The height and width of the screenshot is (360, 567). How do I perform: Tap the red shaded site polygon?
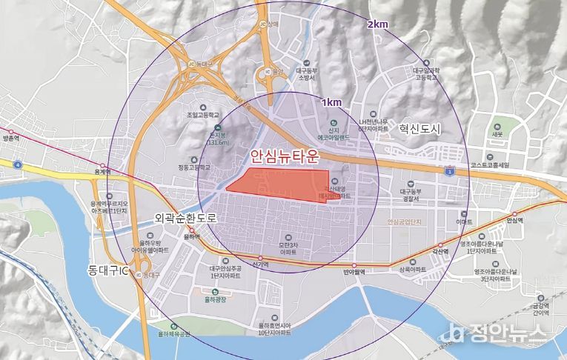click(278, 183)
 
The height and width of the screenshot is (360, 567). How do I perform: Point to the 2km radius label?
click(377, 24)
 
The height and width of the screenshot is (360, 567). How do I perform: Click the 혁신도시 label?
click(419, 129)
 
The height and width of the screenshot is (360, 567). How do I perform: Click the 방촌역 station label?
click(10, 139)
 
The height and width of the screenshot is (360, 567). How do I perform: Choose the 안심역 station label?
click(514, 221)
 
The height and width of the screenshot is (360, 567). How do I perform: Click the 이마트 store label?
click(464, 221)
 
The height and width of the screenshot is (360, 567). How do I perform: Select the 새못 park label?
click(496, 136)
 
